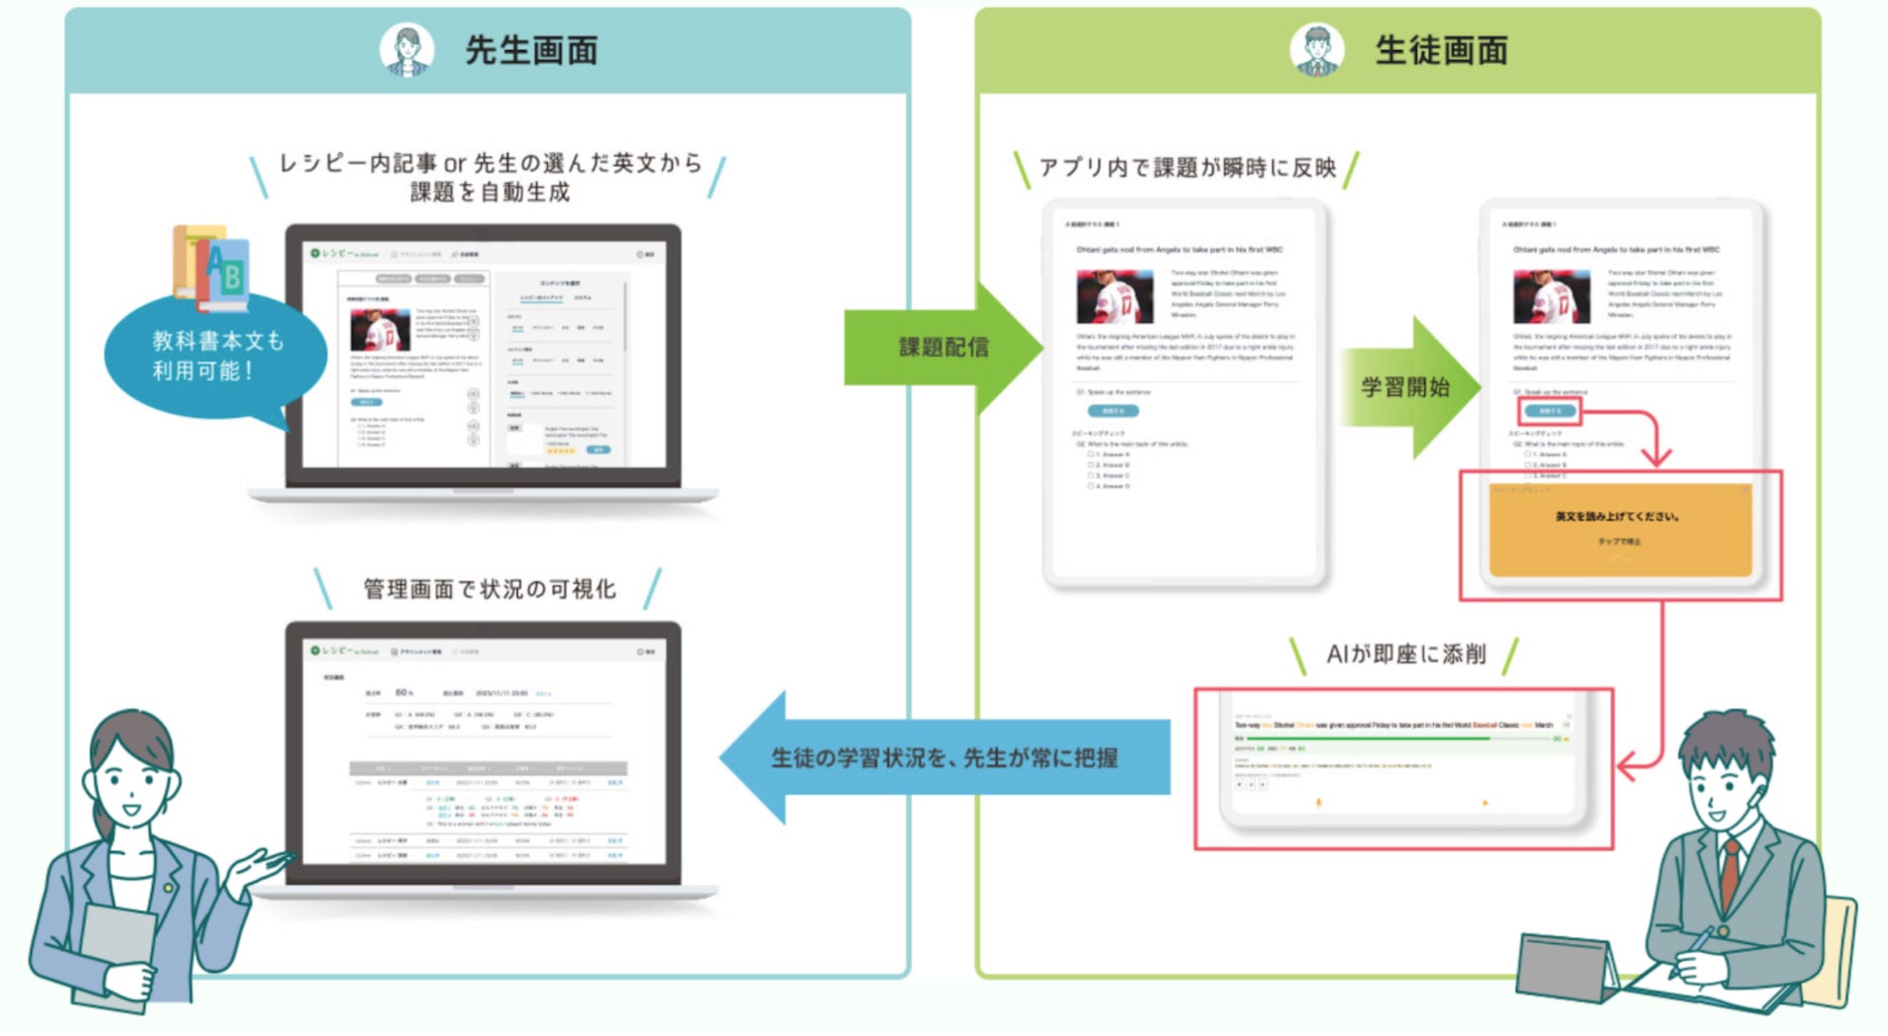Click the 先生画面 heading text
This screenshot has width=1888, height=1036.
(x=531, y=50)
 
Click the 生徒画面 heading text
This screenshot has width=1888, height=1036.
(x=1441, y=50)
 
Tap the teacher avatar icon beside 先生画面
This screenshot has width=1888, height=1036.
(x=407, y=48)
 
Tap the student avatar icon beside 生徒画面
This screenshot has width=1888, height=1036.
(x=1317, y=48)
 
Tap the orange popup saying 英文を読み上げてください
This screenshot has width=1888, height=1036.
(x=1619, y=528)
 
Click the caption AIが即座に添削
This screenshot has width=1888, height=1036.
(x=1406, y=655)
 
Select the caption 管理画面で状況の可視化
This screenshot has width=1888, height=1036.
(x=489, y=589)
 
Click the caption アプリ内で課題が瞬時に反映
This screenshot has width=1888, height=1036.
(x=1187, y=168)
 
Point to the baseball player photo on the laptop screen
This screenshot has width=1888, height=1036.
(x=380, y=330)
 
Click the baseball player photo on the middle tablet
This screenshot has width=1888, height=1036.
(x=1114, y=296)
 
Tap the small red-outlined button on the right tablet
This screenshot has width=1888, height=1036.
(x=1549, y=411)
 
